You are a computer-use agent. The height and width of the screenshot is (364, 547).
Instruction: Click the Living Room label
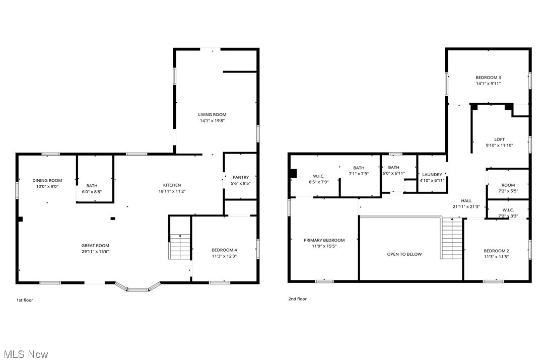tap(212, 115)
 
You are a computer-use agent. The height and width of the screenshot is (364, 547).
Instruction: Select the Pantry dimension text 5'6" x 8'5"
tap(241, 184)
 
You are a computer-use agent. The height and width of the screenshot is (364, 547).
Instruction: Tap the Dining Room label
tap(47, 180)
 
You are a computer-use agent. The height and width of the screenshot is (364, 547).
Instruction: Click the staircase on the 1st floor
tap(179, 247)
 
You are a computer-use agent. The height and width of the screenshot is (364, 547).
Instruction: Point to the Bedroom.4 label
tap(224, 250)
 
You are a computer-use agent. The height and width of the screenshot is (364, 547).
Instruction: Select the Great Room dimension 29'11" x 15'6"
tap(96, 252)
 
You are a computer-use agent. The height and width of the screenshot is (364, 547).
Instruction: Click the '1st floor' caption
tap(25, 300)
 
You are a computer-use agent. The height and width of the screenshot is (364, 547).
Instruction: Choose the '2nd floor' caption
tap(297, 299)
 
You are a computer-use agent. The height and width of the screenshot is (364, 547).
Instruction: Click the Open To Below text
tap(404, 254)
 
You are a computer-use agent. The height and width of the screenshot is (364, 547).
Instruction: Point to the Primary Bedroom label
tap(324, 240)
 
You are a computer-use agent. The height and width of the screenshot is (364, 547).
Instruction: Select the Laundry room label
tap(432, 174)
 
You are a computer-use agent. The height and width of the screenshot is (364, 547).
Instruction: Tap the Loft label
tap(499, 139)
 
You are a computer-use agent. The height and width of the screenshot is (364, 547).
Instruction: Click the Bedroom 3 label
tap(488, 78)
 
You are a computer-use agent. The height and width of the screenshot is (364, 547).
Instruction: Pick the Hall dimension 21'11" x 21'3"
tap(466, 207)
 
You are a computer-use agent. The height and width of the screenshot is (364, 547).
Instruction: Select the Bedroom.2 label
tap(496, 251)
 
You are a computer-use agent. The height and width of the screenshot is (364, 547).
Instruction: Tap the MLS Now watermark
tap(24, 354)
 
